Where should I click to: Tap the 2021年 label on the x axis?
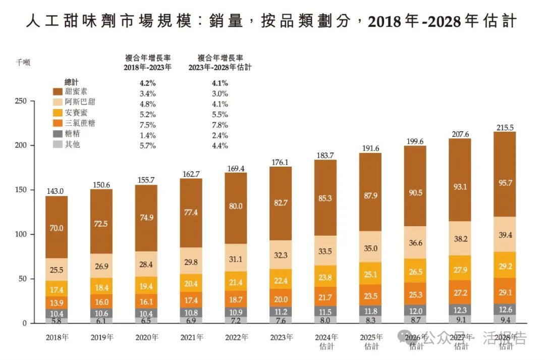tap(191, 337)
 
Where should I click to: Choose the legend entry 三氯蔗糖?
tap(80, 123)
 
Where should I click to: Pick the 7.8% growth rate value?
tap(220, 125)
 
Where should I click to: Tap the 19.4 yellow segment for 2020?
tap(146, 286)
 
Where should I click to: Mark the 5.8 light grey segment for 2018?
tap(57, 320)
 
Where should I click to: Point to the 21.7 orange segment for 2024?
tap(325, 297)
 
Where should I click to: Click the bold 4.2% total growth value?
tap(147, 83)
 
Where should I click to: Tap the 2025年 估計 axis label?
tap(370, 341)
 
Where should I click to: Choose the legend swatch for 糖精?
tap(58, 134)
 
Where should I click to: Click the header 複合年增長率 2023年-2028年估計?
tap(220, 62)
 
